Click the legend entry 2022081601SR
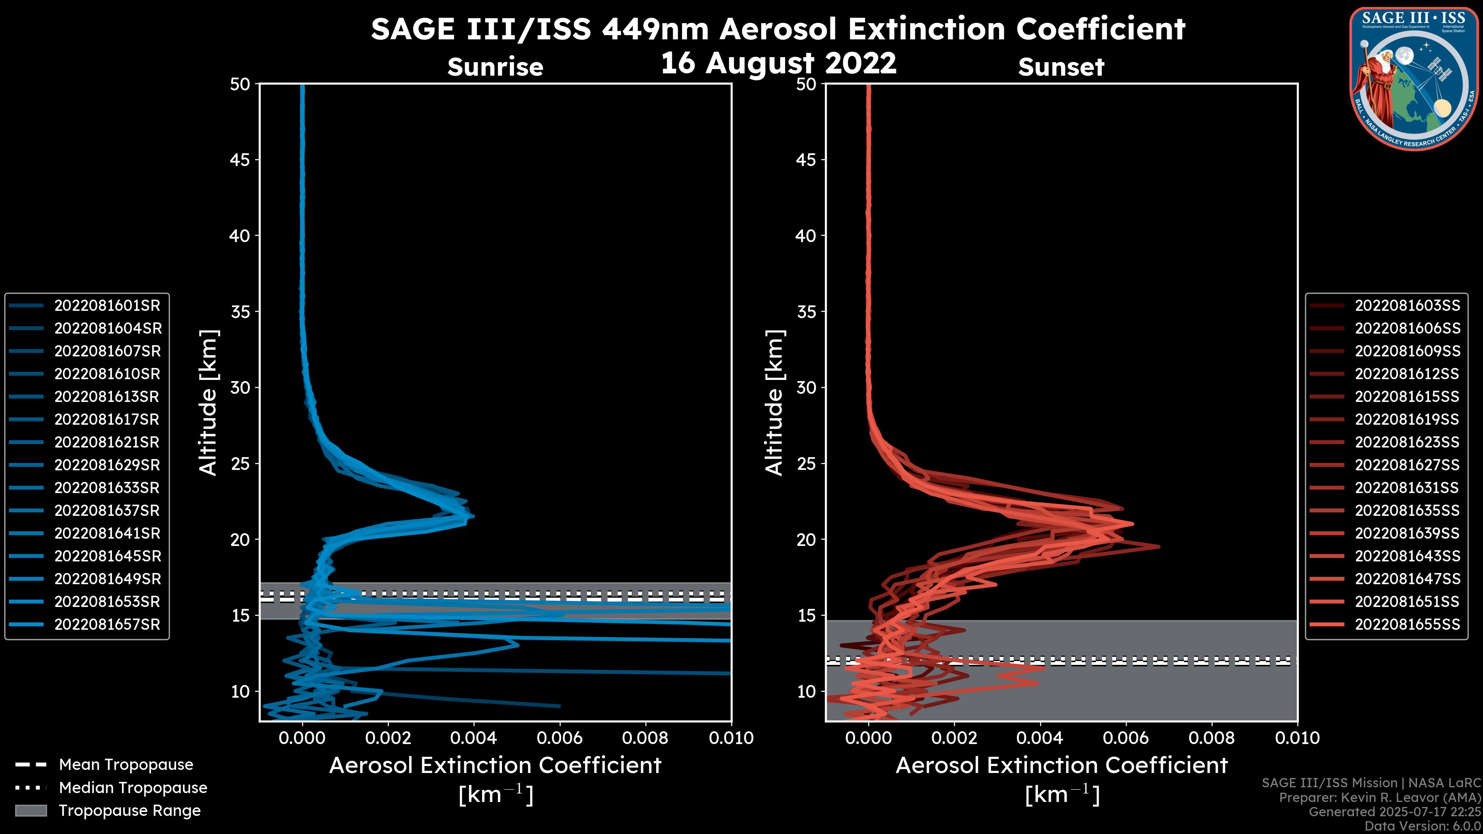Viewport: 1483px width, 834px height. pos(107,305)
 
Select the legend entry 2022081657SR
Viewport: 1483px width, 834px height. pos(107,624)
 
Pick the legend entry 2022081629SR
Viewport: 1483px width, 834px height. pos(107,465)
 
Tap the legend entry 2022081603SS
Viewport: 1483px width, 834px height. pos(1407,305)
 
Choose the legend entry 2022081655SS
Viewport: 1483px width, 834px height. pos(1407,624)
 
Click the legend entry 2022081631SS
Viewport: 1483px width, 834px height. pos(1407,488)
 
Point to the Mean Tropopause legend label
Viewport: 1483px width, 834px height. pos(126,764)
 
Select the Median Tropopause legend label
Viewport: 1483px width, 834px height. pos(133,787)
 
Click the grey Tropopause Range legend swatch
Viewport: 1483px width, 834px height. pos(31,810)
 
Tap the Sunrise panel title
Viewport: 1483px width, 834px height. pos(495,67)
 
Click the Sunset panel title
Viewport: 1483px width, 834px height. pos(1061,67)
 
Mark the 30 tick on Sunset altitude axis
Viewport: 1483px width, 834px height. pos(806,387)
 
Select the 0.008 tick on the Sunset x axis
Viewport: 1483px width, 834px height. pos(1212,738)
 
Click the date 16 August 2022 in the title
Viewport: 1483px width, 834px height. pos(778,62)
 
